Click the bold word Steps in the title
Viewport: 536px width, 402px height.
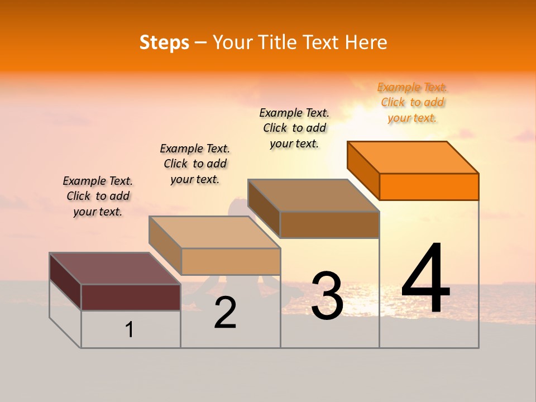point(164,42)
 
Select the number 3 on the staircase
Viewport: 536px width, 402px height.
point(327,296)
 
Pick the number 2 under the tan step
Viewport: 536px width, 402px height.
point(226,313)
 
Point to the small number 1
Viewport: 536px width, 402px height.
point(130,329)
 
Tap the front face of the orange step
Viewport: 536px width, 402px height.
point(429,186)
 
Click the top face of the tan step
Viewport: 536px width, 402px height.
point(214,232)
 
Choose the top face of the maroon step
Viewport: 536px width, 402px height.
point(115,269)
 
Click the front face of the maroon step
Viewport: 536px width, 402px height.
point(131,297)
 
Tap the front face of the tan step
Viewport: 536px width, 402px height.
point(231,261)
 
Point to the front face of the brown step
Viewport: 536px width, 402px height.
point(329,224)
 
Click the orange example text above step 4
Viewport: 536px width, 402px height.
point(412,103)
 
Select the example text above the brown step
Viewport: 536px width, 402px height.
point(294,128)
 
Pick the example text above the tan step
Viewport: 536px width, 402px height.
point(195,164)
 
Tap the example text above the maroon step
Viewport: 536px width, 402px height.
point(98,196)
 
